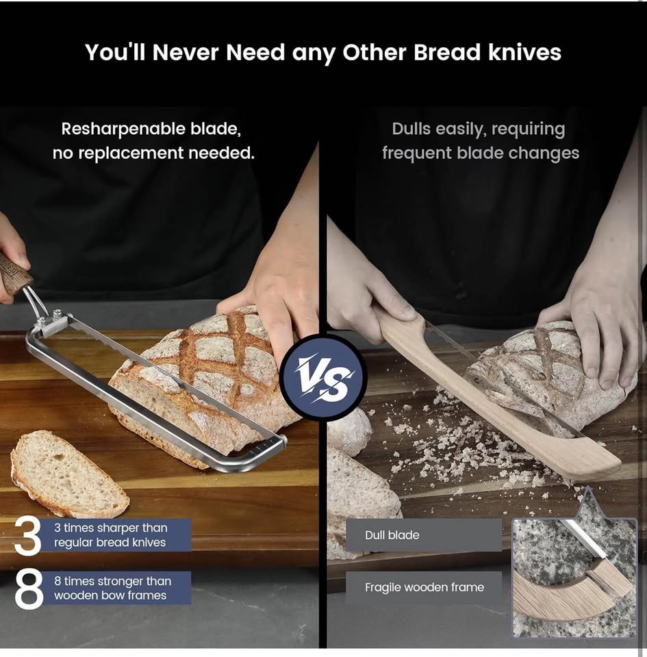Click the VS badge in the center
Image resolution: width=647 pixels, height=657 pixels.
[323, 377]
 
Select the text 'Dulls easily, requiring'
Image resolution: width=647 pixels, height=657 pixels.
[478, 129]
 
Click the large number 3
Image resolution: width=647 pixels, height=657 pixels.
[28, 535]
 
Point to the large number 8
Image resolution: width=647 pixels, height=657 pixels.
[29, 589]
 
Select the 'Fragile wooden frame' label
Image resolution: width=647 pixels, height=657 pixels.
[424, 587]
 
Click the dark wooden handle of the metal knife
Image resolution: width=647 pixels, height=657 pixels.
[14, 271]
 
